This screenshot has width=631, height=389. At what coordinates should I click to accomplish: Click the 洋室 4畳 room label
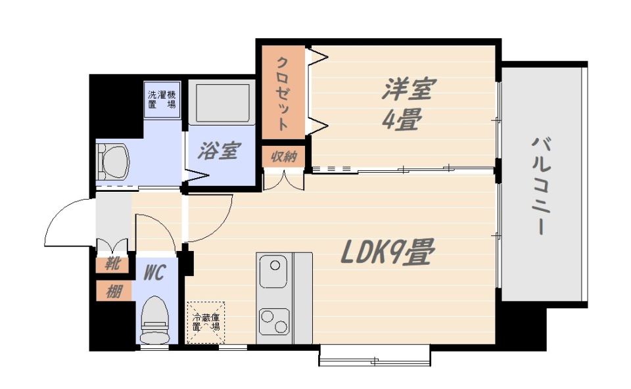(402, 104)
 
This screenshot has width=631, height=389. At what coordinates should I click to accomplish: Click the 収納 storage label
(284, 157)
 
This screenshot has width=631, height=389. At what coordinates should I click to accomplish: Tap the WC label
(155, 271)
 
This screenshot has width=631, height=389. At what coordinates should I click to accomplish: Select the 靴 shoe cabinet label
(114, 265)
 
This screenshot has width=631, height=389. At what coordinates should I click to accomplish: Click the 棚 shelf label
(114, 291)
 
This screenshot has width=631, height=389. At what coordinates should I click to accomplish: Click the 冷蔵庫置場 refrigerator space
(206, 322)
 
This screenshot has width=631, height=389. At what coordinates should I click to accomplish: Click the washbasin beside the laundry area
(114, 162)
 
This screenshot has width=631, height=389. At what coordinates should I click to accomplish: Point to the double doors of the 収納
(284, 179)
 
